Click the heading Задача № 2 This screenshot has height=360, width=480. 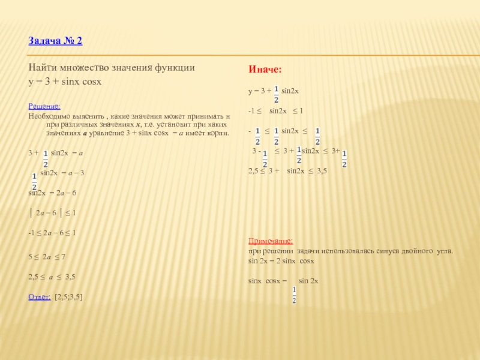(55, 41)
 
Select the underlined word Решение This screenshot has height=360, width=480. (44, 106)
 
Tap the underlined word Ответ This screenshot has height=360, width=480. (40, 296)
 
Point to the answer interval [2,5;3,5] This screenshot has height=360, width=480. (68, 296)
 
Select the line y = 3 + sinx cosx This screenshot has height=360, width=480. (65, 80)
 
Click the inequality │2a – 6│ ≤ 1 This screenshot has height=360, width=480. (52, 212)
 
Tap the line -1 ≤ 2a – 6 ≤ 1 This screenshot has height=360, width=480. (52, 232)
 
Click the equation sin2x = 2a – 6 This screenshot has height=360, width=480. (53, 193)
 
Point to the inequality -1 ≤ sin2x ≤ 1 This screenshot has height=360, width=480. (275, 111)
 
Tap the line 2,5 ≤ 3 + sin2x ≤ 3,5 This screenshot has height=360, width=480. (287, 171)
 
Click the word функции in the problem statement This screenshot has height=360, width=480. (175, 68)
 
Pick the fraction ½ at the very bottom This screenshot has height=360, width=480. (294, 295)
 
